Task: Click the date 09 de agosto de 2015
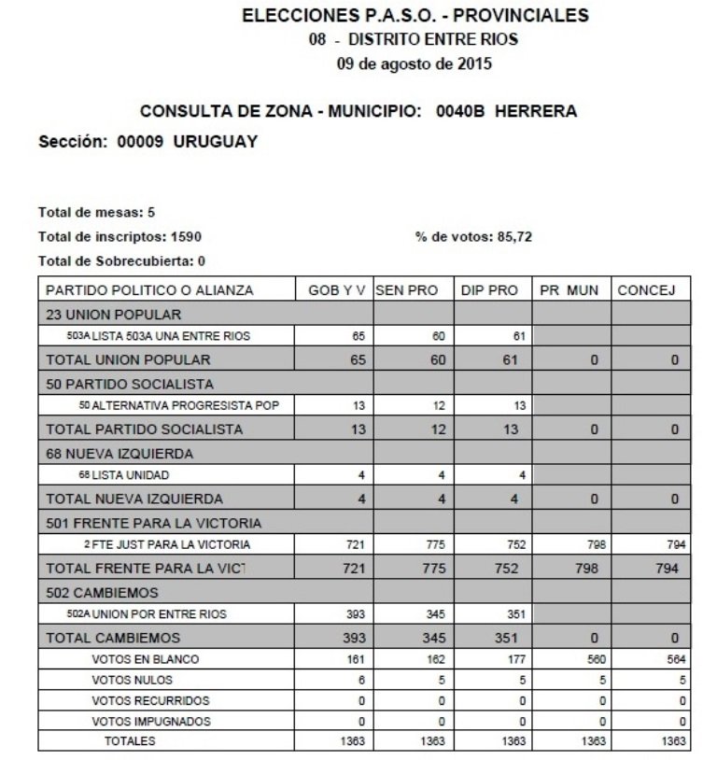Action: click(414, 64)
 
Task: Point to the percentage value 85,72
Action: click(514, 237)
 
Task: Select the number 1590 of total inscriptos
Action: click(185, 237)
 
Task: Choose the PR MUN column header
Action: click(569, 290)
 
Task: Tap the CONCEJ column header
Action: click(650, 290)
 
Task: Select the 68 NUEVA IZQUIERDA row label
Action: click(119, 453)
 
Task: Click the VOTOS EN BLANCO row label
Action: click(145, 659)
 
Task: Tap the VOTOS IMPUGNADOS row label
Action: click(151, 721)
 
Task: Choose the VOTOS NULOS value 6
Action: click(360, 680)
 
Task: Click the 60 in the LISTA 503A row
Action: click(439, 336)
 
